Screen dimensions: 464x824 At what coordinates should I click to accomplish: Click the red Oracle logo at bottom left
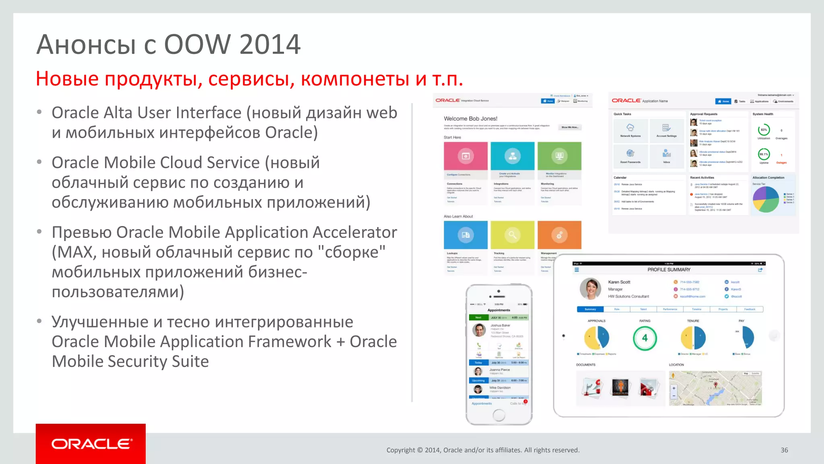(91, 443)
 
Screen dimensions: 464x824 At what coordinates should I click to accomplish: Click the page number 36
(784, 450)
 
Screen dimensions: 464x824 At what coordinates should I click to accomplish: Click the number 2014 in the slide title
(270, 44)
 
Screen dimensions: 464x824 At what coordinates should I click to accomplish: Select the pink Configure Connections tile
(466, 156)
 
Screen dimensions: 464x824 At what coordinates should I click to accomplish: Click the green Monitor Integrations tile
(559, 156)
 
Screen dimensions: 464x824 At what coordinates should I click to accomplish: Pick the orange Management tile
(559, 235)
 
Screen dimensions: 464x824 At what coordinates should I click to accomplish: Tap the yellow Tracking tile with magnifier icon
(512, 235)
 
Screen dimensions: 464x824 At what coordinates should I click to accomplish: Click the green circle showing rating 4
(645, 338)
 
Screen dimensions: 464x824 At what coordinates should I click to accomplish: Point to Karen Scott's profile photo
(590, 289)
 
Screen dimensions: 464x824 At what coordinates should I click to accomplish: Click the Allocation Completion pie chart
(766, 199)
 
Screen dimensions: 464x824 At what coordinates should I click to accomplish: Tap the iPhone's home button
(499, 415)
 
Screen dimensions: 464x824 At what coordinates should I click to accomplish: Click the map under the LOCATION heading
(715, 388)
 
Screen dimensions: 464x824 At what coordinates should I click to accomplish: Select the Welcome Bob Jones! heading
(470, 118)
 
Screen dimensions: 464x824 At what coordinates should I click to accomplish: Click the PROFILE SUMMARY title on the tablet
(669, 269)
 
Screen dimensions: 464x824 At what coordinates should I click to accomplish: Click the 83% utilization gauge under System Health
(764, 130)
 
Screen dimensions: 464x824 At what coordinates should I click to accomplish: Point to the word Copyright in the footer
(400, 450)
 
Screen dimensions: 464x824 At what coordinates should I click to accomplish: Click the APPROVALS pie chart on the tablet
(597, 338)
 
